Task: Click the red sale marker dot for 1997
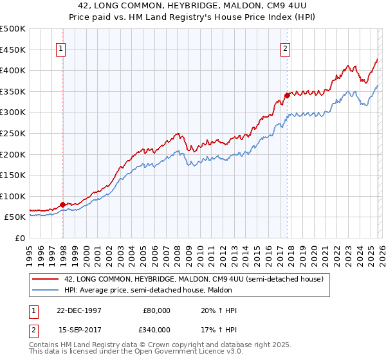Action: (63, 205)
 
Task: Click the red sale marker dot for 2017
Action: (287, 96)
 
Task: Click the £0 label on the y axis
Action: (20, 238)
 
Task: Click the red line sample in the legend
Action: (46, 278)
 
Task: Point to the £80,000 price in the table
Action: (157, 310)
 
